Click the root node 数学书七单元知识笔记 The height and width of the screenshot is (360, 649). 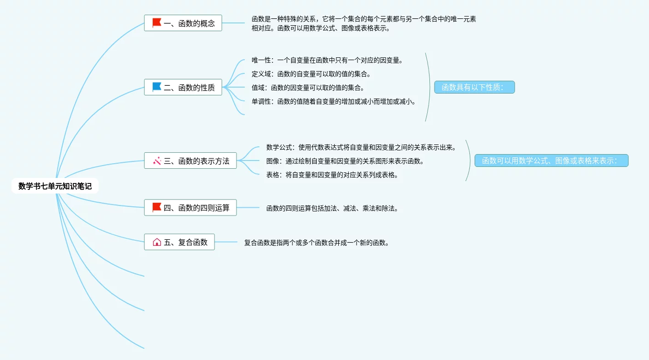[x=55, y=186]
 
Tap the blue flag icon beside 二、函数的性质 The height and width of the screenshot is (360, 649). [x=157, y=87]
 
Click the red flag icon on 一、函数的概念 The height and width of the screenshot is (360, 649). [x=157, y=23]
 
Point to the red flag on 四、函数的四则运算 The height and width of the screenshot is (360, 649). [x=157, y=207]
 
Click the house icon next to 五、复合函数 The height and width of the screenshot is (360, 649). [x=157, y=242]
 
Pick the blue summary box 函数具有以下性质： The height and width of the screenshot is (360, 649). [x=474, y=87]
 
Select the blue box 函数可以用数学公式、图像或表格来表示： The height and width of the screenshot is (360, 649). [x=551, y=161]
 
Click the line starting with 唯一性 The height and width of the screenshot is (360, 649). [x=327, y=60]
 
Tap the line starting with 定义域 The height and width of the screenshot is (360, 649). [x=311, y=74]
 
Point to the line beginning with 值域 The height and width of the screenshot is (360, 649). [x=308, y=88]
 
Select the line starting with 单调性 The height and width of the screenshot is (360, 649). [x=333, y=101]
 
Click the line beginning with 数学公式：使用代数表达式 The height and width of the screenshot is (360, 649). [x=361, y=147]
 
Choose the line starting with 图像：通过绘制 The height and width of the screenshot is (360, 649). [x=345, y=161]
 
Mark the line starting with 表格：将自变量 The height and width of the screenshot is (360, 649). [x=332, y=175]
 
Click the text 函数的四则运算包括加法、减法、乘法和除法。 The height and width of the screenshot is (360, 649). [x=332, y=208]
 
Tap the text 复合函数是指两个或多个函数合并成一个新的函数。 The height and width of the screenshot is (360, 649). [x=317, y=243]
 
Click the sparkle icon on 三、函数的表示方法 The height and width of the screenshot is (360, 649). [x=157, y=161]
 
